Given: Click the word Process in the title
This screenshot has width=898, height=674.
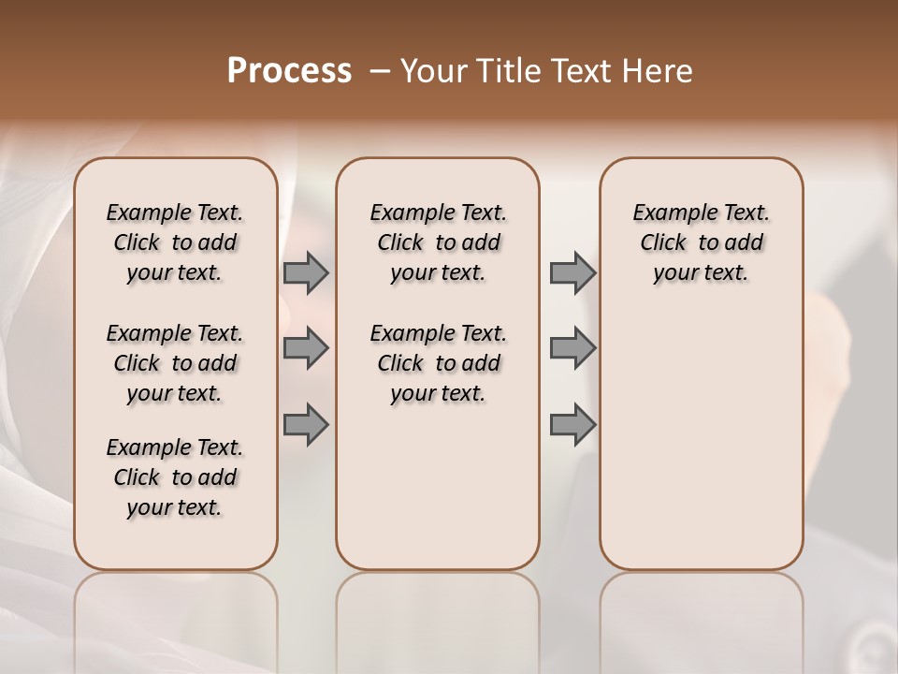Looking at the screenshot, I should coord(289,71).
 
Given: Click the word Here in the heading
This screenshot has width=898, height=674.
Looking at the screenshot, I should coord(659,71).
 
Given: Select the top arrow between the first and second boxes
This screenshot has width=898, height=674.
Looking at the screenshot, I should coord(306,273).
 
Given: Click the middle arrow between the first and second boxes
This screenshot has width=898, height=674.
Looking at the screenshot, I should coord(306,349).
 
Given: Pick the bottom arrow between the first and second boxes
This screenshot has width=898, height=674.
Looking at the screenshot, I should coord(306,424).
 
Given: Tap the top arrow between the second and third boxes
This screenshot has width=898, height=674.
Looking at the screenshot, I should coord(572,273).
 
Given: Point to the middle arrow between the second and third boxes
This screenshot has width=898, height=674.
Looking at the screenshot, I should coord(572,349).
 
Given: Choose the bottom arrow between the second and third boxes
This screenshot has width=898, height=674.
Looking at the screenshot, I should coord(572,424).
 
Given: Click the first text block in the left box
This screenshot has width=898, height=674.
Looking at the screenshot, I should coord(175,243).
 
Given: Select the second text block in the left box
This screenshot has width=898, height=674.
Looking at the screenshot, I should coord(175,363).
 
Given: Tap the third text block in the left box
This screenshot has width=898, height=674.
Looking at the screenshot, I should coord(175,477).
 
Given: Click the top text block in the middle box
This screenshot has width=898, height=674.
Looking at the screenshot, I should coord(438,243).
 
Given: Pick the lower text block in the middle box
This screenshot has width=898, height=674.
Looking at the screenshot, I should coord(438,363).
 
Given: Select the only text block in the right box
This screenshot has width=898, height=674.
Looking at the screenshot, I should coord(701,243).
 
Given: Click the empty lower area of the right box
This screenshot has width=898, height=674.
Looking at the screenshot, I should coord(701,440).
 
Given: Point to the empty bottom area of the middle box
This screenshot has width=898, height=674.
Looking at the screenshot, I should coord(438,496).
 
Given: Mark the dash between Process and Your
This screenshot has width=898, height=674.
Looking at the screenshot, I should coord(380,71).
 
